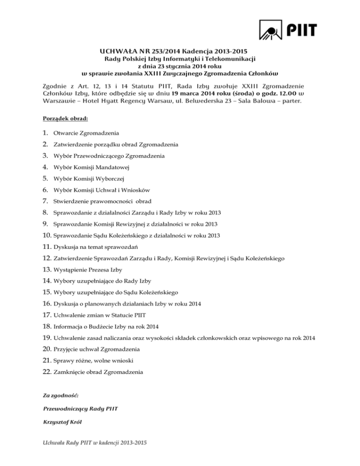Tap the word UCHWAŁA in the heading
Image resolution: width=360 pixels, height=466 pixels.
pos(118,51)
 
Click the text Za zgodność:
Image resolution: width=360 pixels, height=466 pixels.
pos(59,396)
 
